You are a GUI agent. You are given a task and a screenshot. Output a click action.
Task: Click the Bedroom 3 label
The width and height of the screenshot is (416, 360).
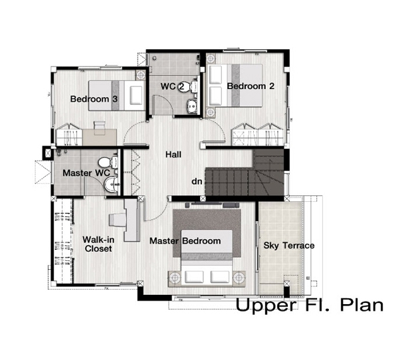tap(94, 99)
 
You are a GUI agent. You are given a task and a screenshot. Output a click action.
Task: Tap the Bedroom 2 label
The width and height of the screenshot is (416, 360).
tap(251, 86)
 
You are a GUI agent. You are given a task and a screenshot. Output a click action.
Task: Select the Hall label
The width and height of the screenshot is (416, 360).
tap(173, 155)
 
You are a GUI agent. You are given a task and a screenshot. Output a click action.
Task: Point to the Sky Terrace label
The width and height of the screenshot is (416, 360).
tap(289, 246)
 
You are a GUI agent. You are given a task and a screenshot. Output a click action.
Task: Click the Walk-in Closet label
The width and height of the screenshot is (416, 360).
tap(98, 244)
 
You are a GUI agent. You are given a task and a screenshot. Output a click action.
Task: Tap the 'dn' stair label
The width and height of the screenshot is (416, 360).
tap(197, 181)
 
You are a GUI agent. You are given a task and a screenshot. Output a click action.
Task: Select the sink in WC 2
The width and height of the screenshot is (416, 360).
tap(192, 106)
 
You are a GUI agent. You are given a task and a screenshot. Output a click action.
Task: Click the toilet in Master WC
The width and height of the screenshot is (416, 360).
tap(108, 162)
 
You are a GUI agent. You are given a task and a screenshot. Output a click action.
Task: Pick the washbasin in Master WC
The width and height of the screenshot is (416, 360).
tap(112, 184)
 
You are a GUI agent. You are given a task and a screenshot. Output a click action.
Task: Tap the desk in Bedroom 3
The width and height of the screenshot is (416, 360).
tap(100, 137)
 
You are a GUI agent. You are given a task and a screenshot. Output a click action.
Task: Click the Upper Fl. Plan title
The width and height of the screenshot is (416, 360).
tap(310, 306)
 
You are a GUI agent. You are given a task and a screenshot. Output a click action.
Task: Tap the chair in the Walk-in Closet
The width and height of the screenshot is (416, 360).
tap(117, 220)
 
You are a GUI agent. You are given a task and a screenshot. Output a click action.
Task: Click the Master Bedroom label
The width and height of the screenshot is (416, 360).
tap(185, 241)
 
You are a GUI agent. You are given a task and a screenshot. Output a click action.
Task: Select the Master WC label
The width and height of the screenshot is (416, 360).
tap(86, 173)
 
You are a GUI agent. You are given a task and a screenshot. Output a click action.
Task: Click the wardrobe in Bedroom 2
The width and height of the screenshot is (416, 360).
tap(257, 135)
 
